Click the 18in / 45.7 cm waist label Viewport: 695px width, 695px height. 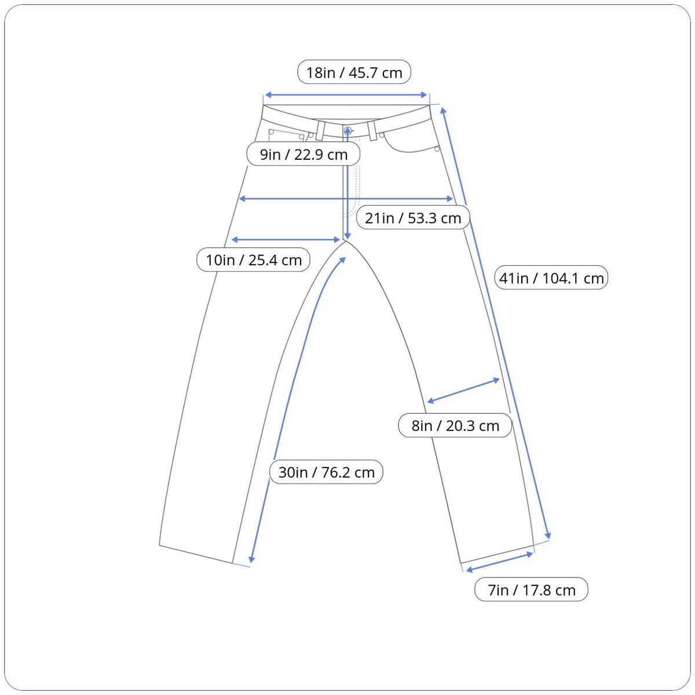pyautogui.click(x=354, y=72)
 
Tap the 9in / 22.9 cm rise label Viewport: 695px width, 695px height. pyautogui.click(x=303, y=154)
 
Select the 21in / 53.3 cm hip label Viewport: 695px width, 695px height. pyautogui.click(x=413, y=218)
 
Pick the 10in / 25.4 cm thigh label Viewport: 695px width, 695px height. pyautogui.click(x=253, y=259)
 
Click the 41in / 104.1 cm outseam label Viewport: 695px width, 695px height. pyautogui.click(x=551, y=278)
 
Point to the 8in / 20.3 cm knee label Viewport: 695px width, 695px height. pyautogui.click(x=455, y=426)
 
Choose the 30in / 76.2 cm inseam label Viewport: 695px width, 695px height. pyautogui.click(x=326, y=472)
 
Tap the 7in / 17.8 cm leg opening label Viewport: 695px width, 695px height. pyautogui.click(x=531, y=590)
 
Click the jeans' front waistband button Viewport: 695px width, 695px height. pyautogui.click(x=348, y=130)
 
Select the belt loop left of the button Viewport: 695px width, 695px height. pyautogui.click(x=320, y=130)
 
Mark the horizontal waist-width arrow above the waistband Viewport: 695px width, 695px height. pyautogui.click(x=346, y=95)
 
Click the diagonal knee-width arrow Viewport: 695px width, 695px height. pyautogui.click(x=463, y=390)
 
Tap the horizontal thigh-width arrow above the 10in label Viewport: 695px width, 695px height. pyautogui.click(x=286, y=239)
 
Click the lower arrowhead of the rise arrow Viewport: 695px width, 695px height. pyautogui.click(x=347, y=236)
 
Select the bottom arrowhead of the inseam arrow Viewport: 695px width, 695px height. pyautogui.click(x=251, y=559)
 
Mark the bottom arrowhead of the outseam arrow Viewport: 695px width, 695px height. pyautogui.click(x=547, y=535)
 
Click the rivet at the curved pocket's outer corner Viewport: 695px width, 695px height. pyautogui.click(x=437, y=149)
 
